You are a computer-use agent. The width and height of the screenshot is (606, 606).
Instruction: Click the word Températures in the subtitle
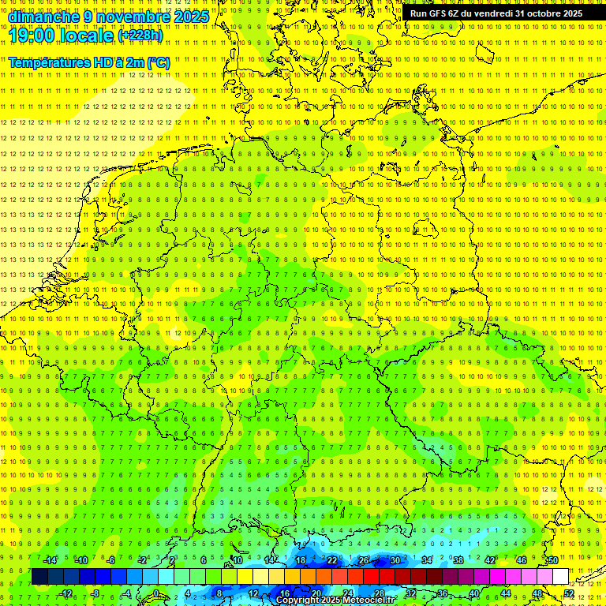pos(49,62)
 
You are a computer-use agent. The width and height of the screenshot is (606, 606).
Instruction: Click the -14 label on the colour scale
pos(51,560)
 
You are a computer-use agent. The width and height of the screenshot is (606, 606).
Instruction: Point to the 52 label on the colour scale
pos(569,593)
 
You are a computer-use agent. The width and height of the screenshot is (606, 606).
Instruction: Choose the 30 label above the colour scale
pos(395,560)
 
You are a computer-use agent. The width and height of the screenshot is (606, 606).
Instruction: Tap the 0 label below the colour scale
pos(155,593)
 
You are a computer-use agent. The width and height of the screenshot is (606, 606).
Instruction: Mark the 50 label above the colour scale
pos(552,560)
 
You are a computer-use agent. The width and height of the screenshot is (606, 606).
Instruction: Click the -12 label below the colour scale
pos(67,593)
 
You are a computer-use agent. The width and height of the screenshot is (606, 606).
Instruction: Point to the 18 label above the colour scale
pos(300,560)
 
